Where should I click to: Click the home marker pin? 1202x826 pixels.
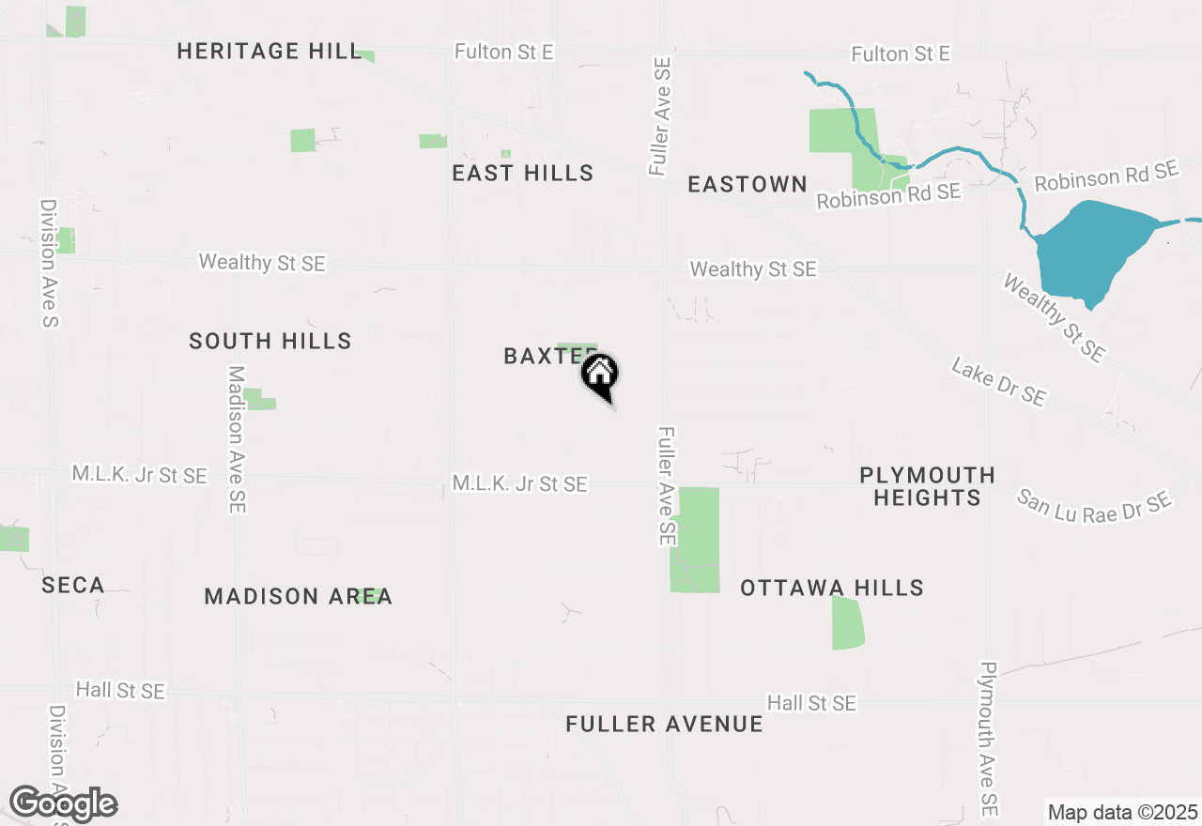(600, 375)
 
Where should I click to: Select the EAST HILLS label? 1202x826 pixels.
(522, 173)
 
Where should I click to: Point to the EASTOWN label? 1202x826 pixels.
(747, 184)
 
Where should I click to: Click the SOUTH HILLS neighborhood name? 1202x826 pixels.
(270, 341)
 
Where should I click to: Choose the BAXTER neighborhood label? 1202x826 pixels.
(545, 357)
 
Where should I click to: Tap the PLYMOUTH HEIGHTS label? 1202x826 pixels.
(927, 486)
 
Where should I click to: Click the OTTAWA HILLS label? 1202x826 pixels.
(832, 589)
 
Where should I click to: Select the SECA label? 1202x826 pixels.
(73, 586)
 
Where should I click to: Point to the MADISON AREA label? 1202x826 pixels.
(298, 597)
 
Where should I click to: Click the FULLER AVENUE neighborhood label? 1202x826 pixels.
(664, 725)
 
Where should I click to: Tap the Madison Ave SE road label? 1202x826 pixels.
(237, 439)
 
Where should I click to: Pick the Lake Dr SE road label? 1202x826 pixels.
(998, 382)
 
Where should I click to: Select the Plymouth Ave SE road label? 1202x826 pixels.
(987, 739)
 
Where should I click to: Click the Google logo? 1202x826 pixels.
(63, 804)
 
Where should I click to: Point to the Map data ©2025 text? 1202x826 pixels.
(1122, 812)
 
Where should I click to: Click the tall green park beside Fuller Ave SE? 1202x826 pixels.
(696, 540)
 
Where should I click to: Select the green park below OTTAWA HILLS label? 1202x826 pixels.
(847, 623)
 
